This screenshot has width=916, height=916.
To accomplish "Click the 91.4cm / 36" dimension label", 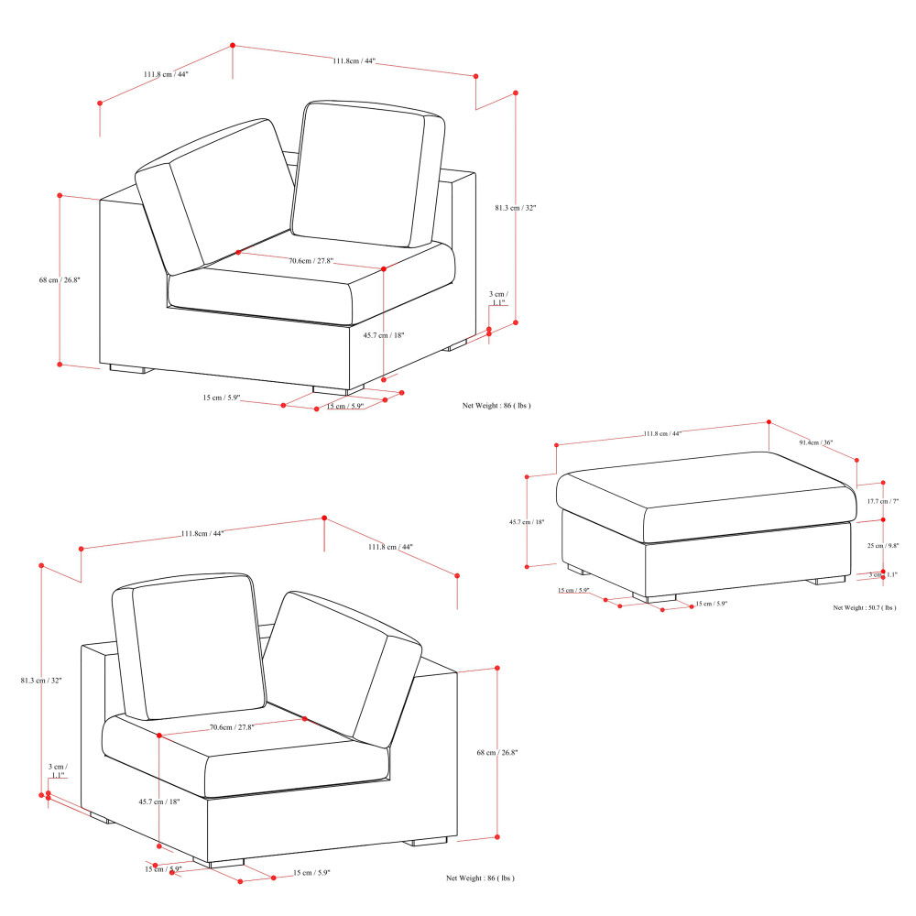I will tap(814, 442).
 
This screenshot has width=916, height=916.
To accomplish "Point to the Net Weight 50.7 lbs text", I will tap(864, 607).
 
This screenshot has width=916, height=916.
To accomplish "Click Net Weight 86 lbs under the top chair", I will tap(496, 404).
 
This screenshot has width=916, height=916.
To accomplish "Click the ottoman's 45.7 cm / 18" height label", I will tap(527, 522).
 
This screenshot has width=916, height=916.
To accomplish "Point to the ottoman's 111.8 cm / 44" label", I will tap(662, 433).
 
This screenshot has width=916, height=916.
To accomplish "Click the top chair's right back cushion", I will tap(366, 174).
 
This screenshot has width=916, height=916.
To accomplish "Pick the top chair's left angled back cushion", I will tap(215, 197).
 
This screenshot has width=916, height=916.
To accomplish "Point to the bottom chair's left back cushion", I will tap(188, 646).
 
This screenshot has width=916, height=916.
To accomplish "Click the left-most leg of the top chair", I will tap(129, 369).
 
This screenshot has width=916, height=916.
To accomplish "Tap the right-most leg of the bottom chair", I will tap(428, 840).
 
